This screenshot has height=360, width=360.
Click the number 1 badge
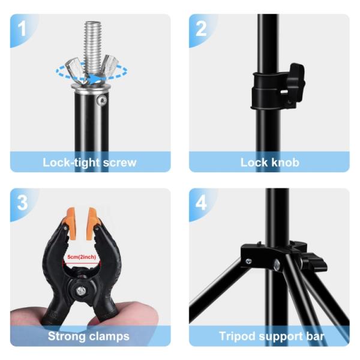pos(22,28)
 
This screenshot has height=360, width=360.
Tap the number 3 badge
pos(22,202)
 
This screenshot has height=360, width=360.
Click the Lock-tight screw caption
pos(89,162)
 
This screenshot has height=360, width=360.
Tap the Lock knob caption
pos(269,162)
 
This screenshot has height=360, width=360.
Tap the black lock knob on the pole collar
pos(294,81)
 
